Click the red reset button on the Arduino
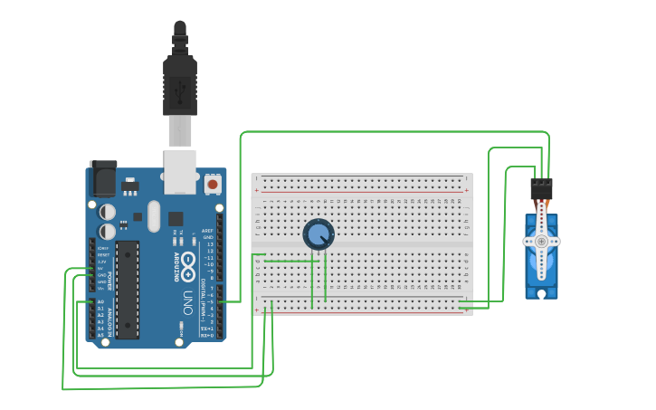[213, 184]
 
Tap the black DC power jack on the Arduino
[102, 177]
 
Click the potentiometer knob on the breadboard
[318, 234]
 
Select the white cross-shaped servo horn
[541, 242]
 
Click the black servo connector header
[541, 188]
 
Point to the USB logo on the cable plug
[179, 91]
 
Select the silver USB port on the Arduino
[179, 172]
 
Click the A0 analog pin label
[100, 301]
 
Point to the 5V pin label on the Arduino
[100, 269]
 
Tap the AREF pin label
[208, 231]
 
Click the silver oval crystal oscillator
[152, 215]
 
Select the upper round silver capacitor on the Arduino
[107, 211]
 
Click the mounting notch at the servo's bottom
[541, 293]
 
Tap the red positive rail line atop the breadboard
[362, 192]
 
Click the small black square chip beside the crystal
[175, 218]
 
